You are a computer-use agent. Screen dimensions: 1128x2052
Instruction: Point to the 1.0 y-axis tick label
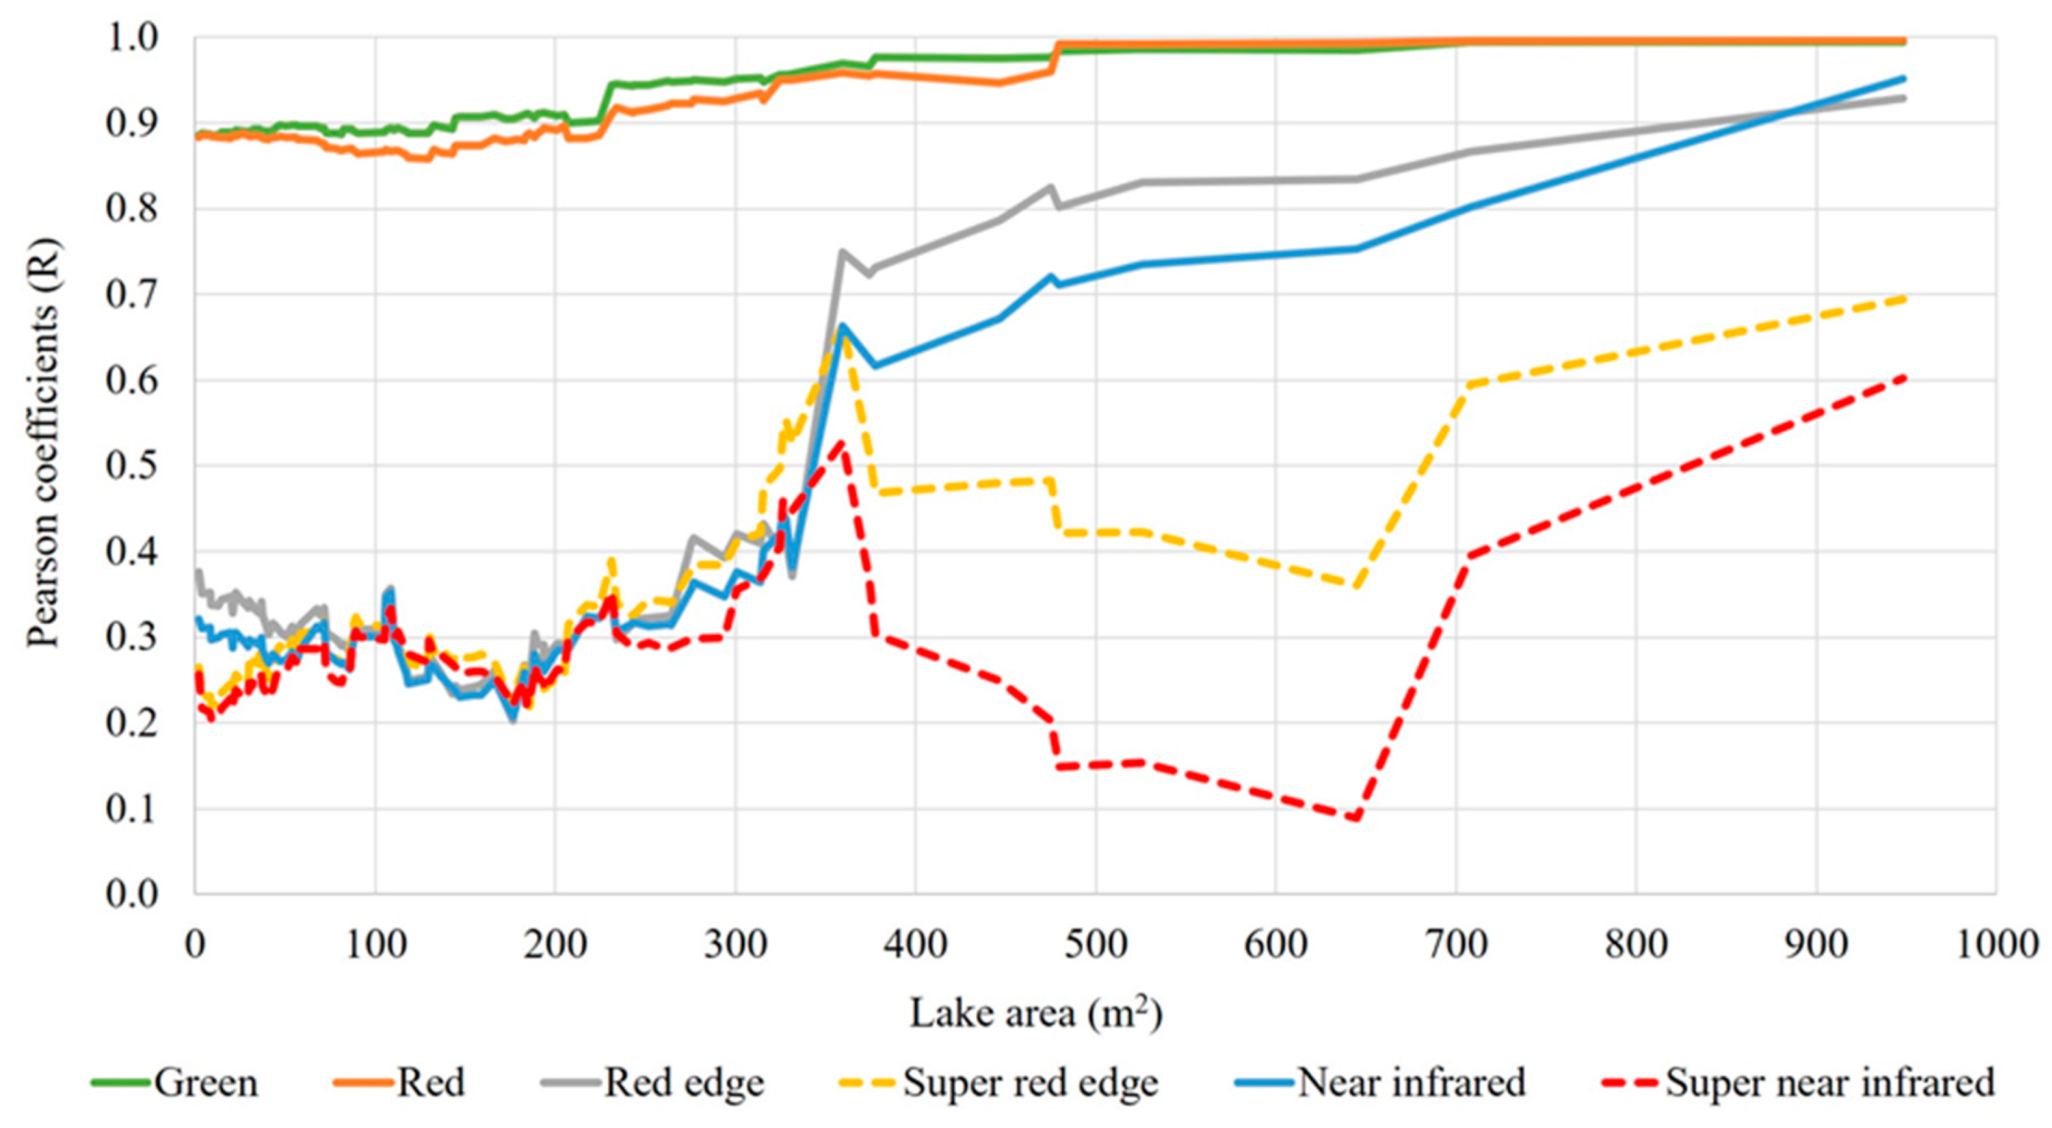point(132,38)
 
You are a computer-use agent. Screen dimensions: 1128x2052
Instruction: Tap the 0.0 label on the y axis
point(132,894)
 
